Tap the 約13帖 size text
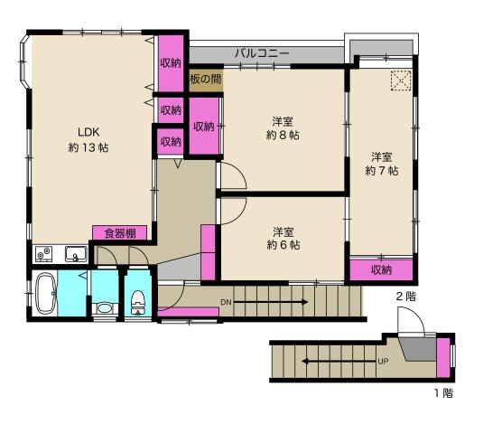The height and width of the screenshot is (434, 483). coord(88,147)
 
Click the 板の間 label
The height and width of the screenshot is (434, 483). coord(205,80)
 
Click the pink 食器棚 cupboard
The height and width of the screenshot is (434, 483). coord(119,233)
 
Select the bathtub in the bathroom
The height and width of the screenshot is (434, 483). coord(46,295)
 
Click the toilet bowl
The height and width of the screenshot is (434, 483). coord(138,301)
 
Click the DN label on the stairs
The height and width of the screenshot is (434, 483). coord(226,302)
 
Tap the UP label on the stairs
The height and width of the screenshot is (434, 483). coord(382,363)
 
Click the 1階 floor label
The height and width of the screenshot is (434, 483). coord(441,393)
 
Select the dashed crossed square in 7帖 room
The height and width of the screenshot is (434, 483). coord(400,81)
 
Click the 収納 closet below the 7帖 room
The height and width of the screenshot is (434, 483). coord(382,270)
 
